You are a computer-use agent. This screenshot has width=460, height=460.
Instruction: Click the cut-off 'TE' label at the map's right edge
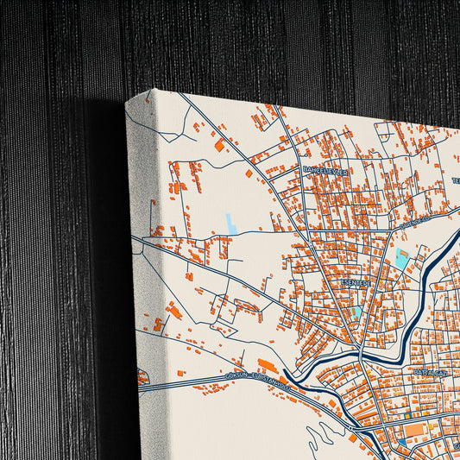pos(455,181)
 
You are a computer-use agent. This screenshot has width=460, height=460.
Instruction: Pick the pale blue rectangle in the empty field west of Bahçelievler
pos(231,224)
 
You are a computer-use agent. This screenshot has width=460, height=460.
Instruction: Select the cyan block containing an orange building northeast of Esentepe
pos(401,258)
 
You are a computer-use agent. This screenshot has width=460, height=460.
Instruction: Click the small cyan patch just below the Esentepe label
pos(356,311)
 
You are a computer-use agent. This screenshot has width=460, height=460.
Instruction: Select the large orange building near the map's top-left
pos(219,145)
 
